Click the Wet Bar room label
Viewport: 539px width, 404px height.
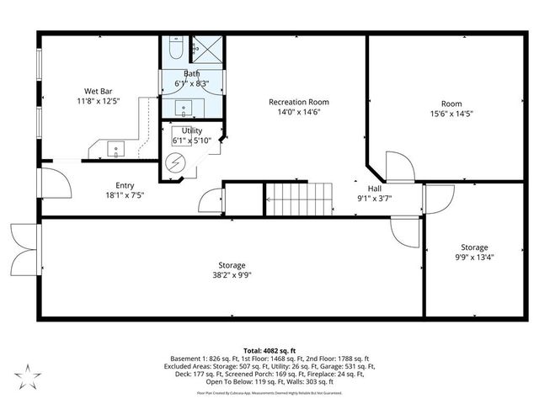pos(93,91)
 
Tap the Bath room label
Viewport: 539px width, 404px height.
pos(192,74)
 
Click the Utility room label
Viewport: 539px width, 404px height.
pos(192,131)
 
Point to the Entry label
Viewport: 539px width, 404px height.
pos(125,185)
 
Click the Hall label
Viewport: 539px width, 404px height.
pos(374,189)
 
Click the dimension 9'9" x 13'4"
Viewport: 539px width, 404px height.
pos(473,258)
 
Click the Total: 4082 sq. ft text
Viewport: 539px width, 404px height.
pos(269,349)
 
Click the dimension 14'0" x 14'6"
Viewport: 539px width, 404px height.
pos(295,112)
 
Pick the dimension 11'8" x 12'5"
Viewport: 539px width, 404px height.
pos(93,101)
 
